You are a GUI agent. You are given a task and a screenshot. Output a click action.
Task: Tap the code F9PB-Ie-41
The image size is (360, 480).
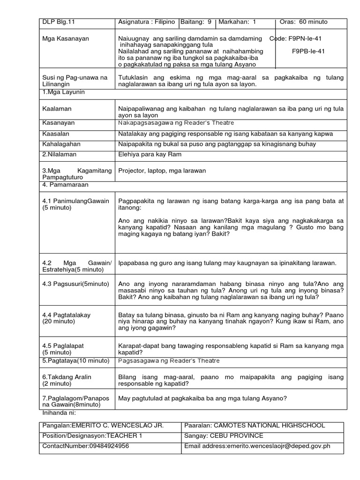[308, 51]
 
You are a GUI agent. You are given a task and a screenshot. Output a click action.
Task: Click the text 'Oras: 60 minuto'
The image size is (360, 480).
[303, 22]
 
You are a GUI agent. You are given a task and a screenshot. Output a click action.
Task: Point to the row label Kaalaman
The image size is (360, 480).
[55, 109]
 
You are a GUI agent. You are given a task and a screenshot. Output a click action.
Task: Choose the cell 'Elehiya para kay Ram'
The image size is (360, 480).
[150, 154]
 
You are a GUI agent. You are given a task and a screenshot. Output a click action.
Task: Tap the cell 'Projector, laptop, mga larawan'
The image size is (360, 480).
[162, 171]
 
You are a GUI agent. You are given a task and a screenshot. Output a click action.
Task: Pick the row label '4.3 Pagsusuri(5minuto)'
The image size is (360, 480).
[75, 284]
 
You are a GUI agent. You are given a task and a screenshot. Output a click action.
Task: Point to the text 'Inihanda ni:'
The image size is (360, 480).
[59, 413]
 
